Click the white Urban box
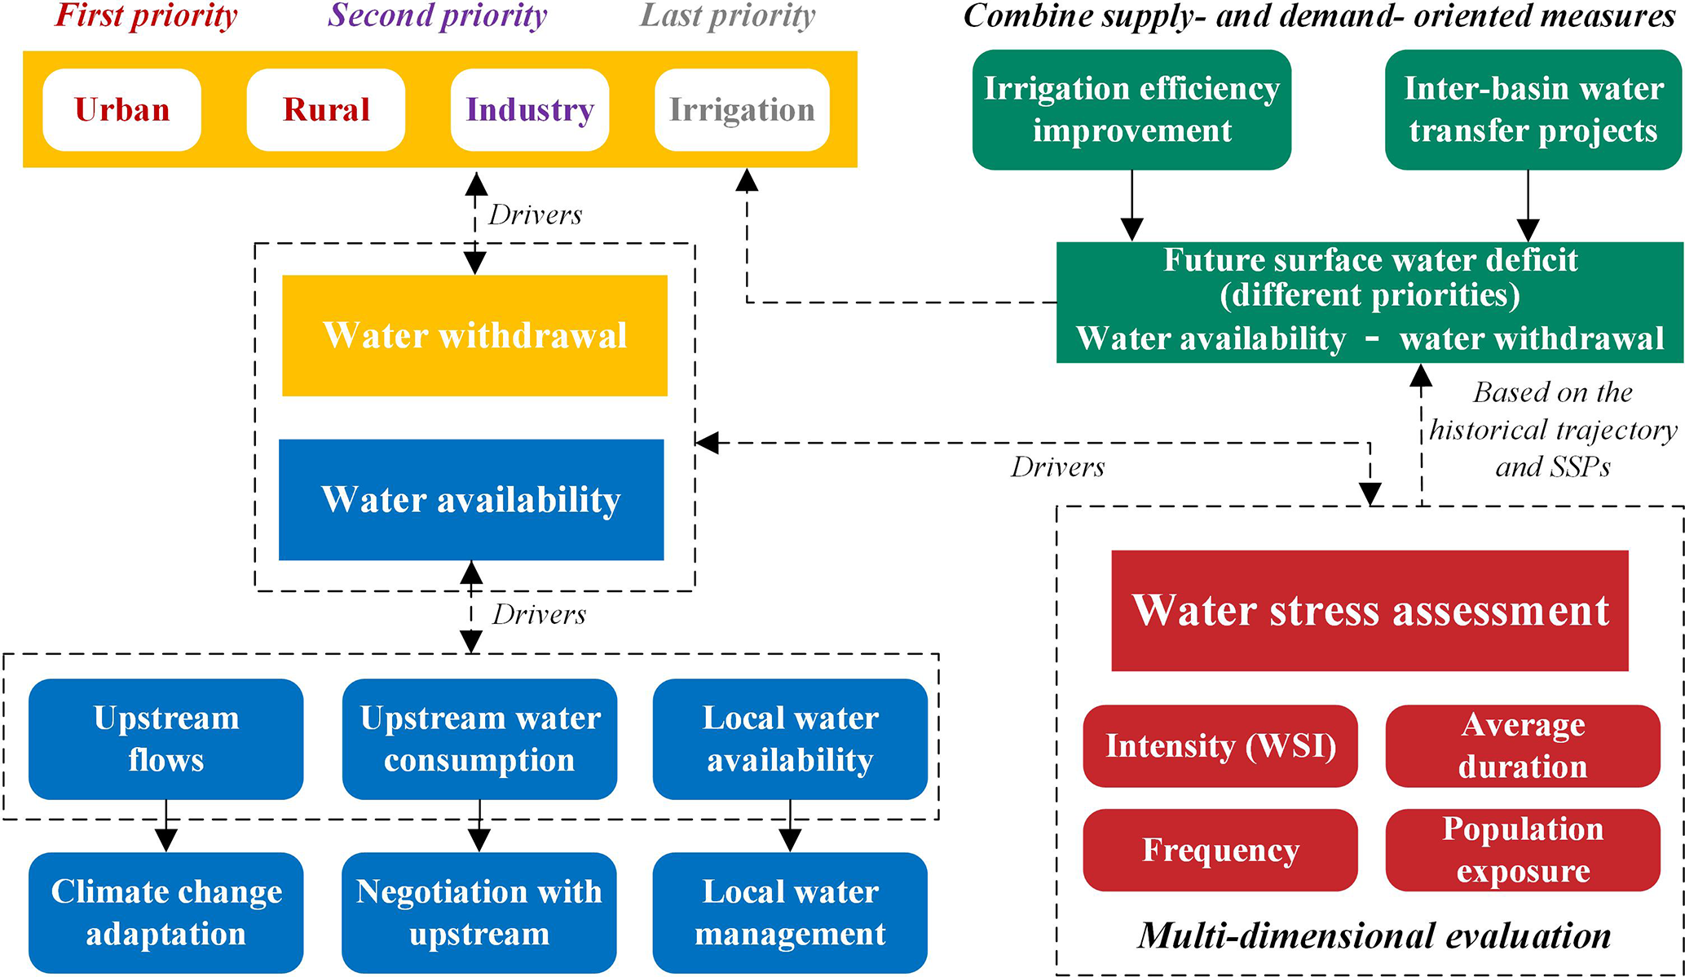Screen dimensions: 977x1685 click(x=122, y=109)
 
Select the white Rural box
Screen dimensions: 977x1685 click(x=326, y=109)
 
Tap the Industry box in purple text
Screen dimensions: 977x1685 click(x=530, y=109)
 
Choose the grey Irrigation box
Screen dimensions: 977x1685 click(x=742, y=109)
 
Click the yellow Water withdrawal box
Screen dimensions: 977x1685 click(x=474, y=335)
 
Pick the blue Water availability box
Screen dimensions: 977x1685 click(x=471, y=499)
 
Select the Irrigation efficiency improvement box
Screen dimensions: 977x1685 click(x=1131, y=109)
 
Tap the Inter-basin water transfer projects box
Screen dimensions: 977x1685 click(x=1533, y=109)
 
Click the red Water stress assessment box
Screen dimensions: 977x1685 click(x=1370, y=610)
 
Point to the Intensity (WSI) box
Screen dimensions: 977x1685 click(x=1220, y=745)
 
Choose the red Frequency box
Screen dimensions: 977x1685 click(x=1220, y=849)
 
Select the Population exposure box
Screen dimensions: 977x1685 click(x=1523, y=849)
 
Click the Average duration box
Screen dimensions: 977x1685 click(x=1523, y=745)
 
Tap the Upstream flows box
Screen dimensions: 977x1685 click(x=166, y=739)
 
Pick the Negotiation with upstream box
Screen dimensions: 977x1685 click(x=479, y=912)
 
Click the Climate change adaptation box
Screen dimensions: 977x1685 click(x=166, y=912)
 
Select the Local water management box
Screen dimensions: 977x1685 click(x=790, y=912)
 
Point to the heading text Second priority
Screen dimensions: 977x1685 click(x=438, y=15)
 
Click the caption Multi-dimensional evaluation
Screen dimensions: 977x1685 click(x=1374, y=935)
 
